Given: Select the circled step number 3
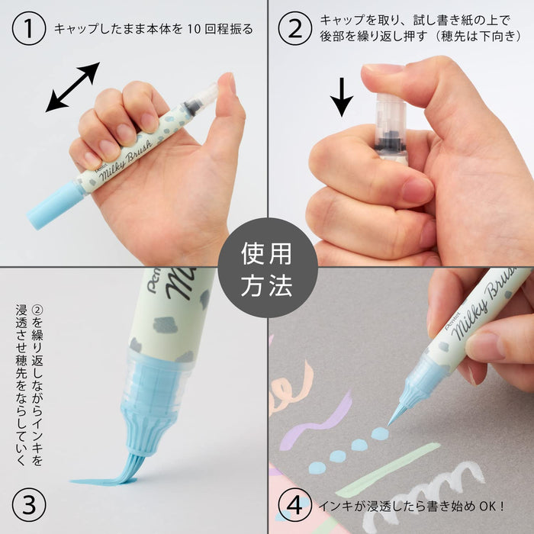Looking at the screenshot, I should (x=27, y=504).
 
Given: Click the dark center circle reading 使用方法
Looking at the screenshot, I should (x=267, y=267).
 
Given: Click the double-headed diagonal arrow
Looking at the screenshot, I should (x=72, y=87).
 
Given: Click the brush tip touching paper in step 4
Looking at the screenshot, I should (x=397, y=417).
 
